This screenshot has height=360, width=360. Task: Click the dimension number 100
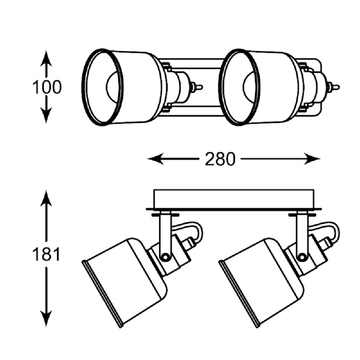tap(47, 87)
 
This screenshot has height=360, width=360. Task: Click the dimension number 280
tap(220, 159)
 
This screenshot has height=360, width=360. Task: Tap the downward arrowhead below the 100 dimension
tap(46, 116)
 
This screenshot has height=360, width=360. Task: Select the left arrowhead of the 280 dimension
tap(155, 158)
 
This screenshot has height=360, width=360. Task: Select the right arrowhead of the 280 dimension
tap(312, 158)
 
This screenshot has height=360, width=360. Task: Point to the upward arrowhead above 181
tap(46, 199)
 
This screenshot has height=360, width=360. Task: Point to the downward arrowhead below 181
tap(46, 318)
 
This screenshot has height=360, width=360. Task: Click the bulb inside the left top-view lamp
tap(112, 87)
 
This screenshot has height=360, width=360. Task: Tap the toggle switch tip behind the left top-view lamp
tap(200, 87)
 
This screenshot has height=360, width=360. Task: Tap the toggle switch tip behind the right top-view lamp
tap(337, 87)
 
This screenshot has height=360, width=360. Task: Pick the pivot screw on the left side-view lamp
tap(164, 256)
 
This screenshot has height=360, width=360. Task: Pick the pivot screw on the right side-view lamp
tap(301, 256)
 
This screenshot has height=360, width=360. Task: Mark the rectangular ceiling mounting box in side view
tap(234, 199)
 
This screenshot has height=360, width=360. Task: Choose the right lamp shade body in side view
tap(262, 282)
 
